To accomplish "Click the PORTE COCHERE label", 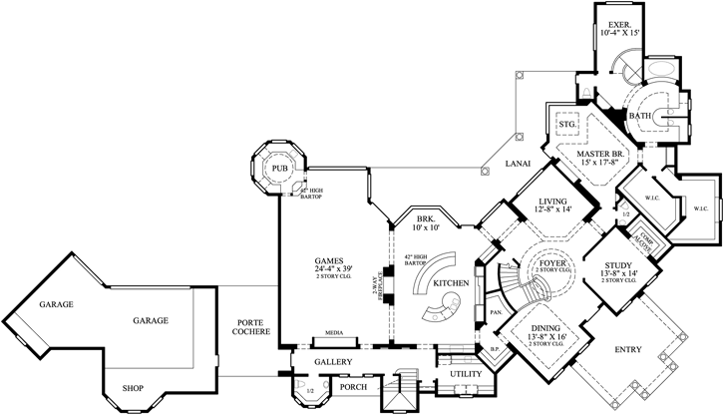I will click(249, 328).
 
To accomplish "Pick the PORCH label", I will click(354, 387).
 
